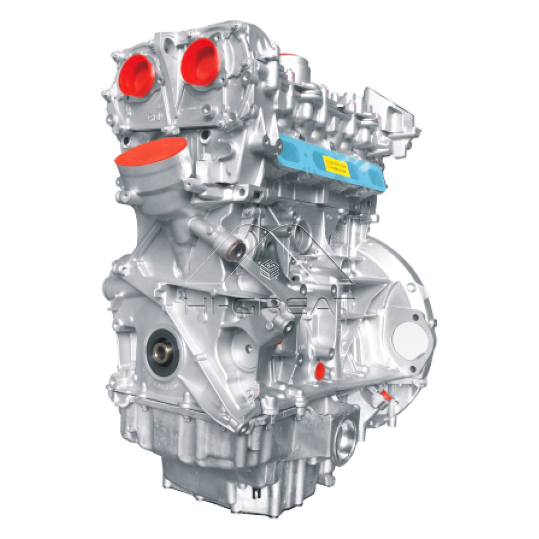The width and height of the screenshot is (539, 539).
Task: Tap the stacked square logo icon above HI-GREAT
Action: pyautogui.click(x=268, y=268)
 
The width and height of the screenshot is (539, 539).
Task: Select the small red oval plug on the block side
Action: pyautogui.click(x=320, y=369)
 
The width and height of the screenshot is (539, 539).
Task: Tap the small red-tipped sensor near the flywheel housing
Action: pyautogui.click(x=386, y=396)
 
